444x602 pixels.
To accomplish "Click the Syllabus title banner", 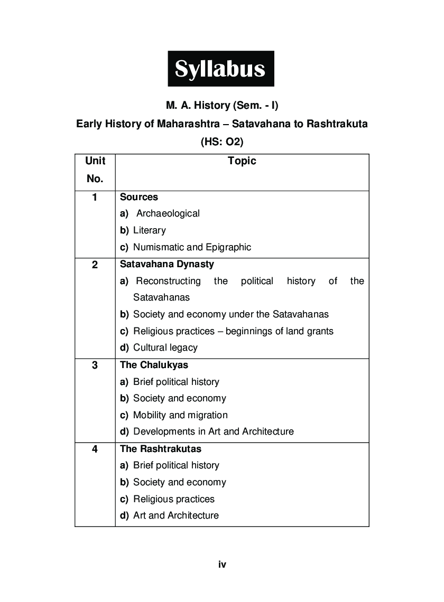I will (221, 69).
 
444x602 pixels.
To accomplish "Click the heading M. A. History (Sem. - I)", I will (221, 106).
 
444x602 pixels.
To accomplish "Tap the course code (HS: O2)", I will (221, 142).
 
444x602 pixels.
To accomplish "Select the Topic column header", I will (242, 161).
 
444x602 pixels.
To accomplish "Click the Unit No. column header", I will (95, 170).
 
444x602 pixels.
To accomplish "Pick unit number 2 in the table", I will (95, 265).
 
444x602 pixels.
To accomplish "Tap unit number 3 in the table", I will (95, 365).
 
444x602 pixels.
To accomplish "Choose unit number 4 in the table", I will (95, 449).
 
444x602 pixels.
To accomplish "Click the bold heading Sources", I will (139, 197).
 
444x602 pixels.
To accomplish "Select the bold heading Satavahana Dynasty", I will (167, 264).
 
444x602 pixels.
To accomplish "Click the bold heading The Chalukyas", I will (154, 365).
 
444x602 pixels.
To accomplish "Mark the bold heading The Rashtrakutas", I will (161, 449).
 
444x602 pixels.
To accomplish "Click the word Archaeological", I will (168, 214).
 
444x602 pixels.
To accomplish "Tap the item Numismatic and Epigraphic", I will (192, 247).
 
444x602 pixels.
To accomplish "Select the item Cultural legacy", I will (165, 347).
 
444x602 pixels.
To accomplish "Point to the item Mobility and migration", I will (180, 415).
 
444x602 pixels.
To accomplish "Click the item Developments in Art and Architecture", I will (214, 431).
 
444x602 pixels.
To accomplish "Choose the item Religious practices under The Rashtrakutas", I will (174, 499).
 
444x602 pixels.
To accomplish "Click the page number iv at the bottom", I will (222, 565).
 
